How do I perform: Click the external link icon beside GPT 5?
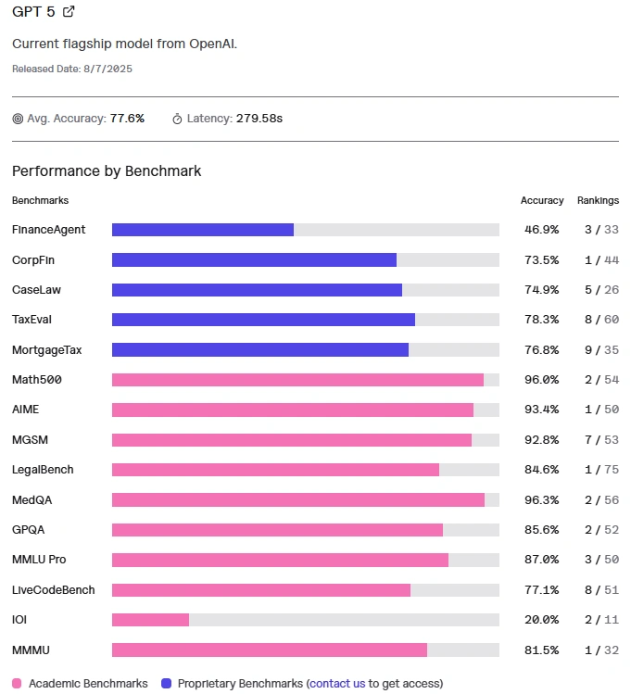[x=69, y=12]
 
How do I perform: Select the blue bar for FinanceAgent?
[x=203, y=230]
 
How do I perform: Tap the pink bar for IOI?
[x=150, y=620]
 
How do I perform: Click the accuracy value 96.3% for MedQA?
[x=541, y=499]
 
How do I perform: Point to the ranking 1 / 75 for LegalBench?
[x=598, y=470]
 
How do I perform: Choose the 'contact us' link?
[x=337, y=684]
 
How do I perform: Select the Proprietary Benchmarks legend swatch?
[x=167, y=684]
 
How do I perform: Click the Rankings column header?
[x=598, y=200]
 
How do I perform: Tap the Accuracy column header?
[x=542, y=200]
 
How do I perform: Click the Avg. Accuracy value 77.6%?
[x=127, y=119]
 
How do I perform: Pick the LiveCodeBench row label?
[x=53, y=590]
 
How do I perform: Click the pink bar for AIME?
[x=293, y=410]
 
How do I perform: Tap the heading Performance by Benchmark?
[x=107, y=171]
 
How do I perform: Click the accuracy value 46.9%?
[x=541, y=230]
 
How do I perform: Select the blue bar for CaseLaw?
[x=257, y=290]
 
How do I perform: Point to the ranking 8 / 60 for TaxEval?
[x=598, y=320]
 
